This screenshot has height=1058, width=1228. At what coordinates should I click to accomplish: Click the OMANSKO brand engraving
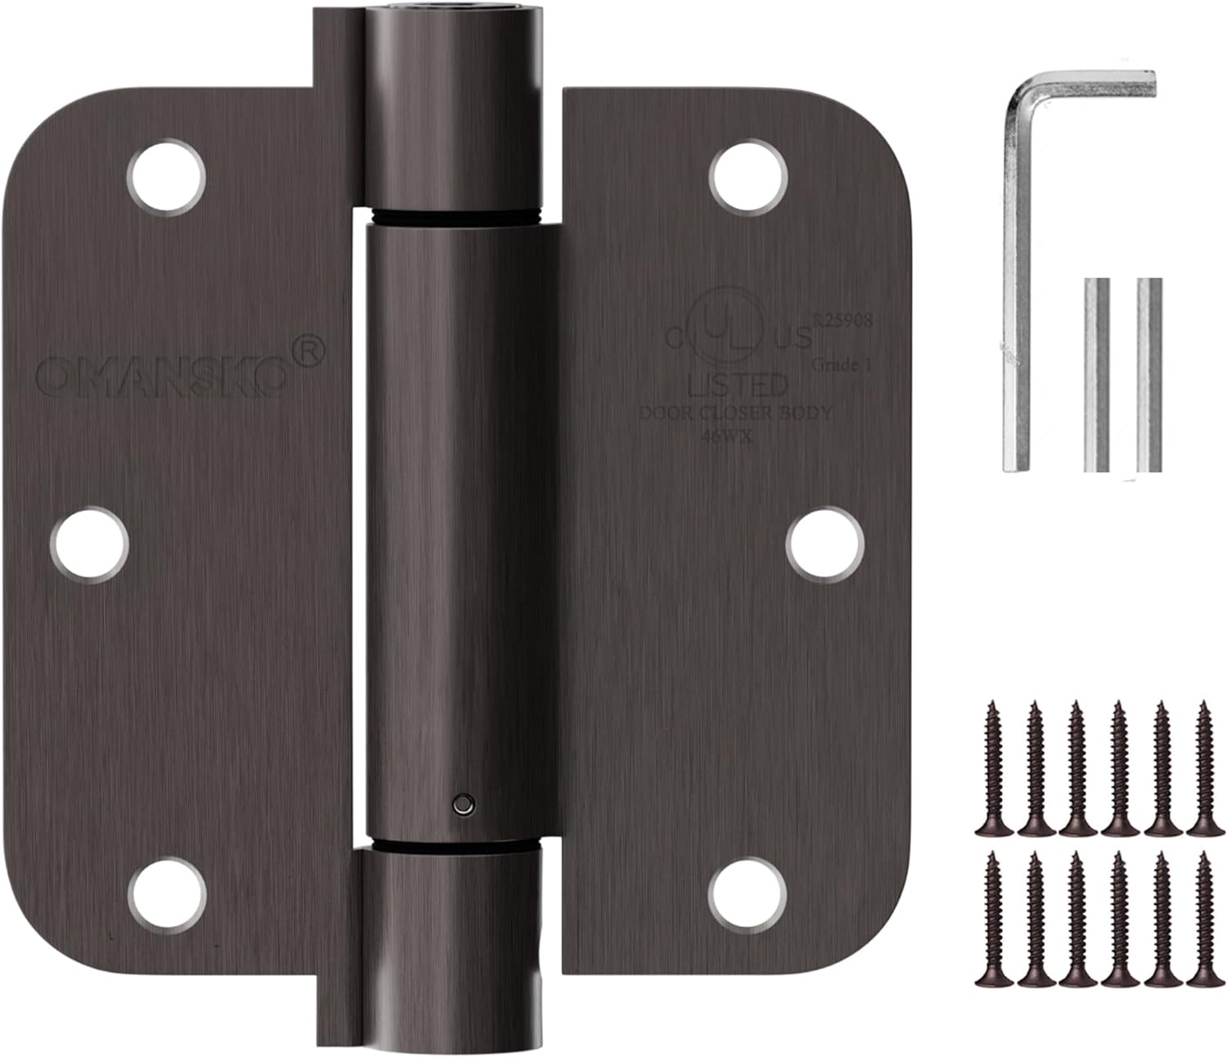(162, 377)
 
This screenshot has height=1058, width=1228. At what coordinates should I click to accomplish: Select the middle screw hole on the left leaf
(90, 542)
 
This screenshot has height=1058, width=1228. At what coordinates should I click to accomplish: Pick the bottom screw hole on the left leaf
(166, 894)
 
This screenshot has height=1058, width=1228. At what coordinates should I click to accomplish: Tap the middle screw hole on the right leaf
(825, 542)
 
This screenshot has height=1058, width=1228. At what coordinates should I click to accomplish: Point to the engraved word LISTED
(738, 383)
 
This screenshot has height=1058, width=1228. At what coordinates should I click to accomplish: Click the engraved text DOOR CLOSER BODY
(734, 414)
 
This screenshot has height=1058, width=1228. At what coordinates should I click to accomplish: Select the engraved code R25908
(842, 321)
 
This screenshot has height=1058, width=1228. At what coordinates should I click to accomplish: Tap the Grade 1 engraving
(840, 365)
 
